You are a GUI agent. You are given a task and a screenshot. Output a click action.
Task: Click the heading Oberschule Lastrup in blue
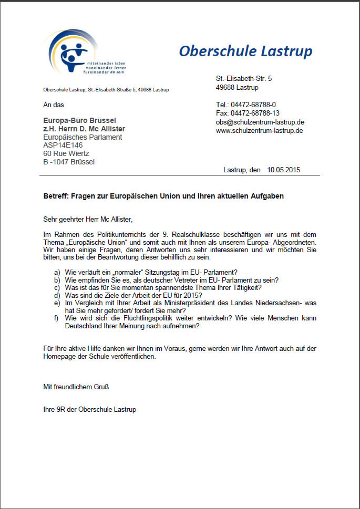click(245, 51)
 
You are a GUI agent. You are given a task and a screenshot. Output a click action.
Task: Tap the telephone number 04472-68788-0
click(253, 105)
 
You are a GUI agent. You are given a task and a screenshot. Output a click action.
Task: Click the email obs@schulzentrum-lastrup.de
click(260, 122)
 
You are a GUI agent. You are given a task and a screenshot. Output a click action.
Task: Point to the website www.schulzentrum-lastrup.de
click(259, 130)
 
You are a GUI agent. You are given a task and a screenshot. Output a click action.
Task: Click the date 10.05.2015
click(284, 170)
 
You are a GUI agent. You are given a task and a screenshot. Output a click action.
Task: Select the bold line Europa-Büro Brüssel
click(79, 121)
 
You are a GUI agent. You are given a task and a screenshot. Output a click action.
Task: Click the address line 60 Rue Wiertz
click(66, 153)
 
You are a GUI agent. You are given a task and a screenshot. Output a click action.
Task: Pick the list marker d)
click(57, 295)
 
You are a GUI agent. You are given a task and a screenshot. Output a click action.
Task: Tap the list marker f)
click(57, 318)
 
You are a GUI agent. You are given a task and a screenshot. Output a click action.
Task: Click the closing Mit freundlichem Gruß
click(76, 387)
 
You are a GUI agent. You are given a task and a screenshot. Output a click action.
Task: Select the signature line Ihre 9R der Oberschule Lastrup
click(89, 409)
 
